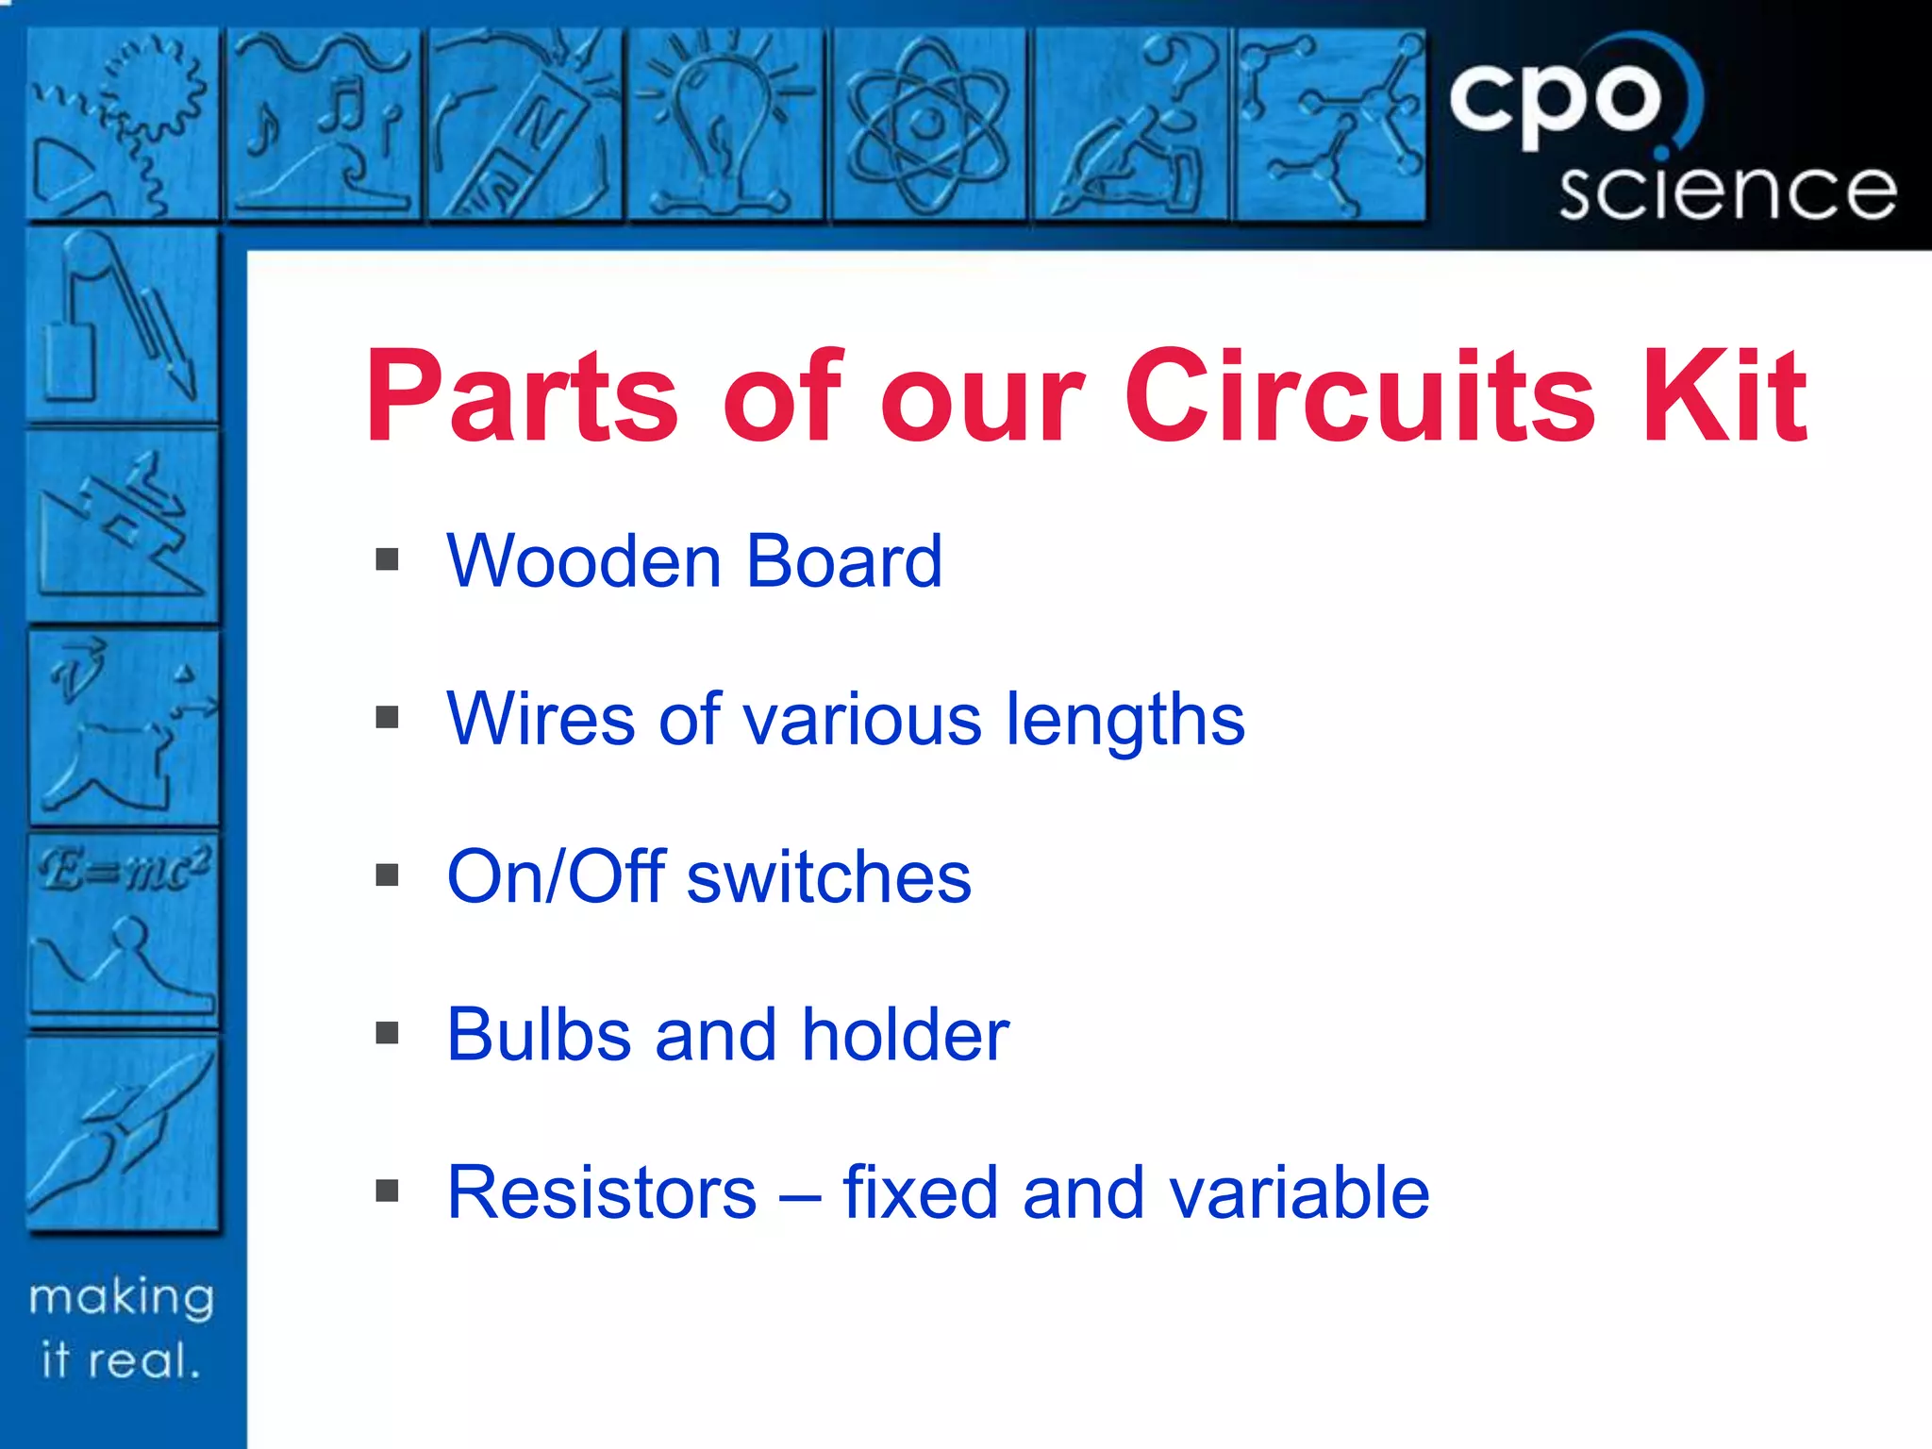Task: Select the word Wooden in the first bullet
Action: click(584, 561)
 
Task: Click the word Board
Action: click(844, 561)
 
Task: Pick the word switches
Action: click(829, 877)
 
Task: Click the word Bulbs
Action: click(539, 1035)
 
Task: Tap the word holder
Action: click(906, 1035)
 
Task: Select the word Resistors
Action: click(602, 1193)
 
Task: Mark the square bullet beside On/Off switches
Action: click(387, 875)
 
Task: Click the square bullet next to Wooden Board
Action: click(387, 560)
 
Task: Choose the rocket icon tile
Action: click(123, 1132)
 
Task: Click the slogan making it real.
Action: click(121, 1328)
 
